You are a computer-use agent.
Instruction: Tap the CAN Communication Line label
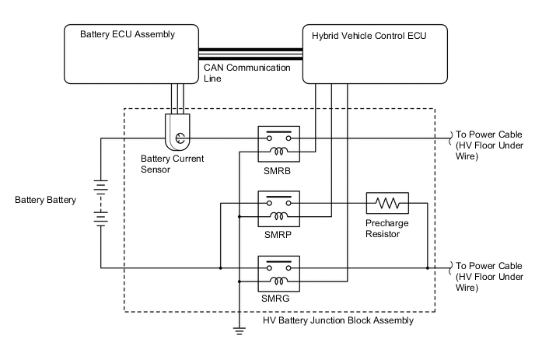(247, 73)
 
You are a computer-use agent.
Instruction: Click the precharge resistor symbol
(386, 205)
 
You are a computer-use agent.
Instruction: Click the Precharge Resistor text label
(387, 229)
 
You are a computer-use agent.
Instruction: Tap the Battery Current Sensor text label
(172, 163)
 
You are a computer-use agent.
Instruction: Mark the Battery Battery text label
(46, 200)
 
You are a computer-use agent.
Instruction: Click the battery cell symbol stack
(100, 203)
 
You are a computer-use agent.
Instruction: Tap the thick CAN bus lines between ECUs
(251, 54)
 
